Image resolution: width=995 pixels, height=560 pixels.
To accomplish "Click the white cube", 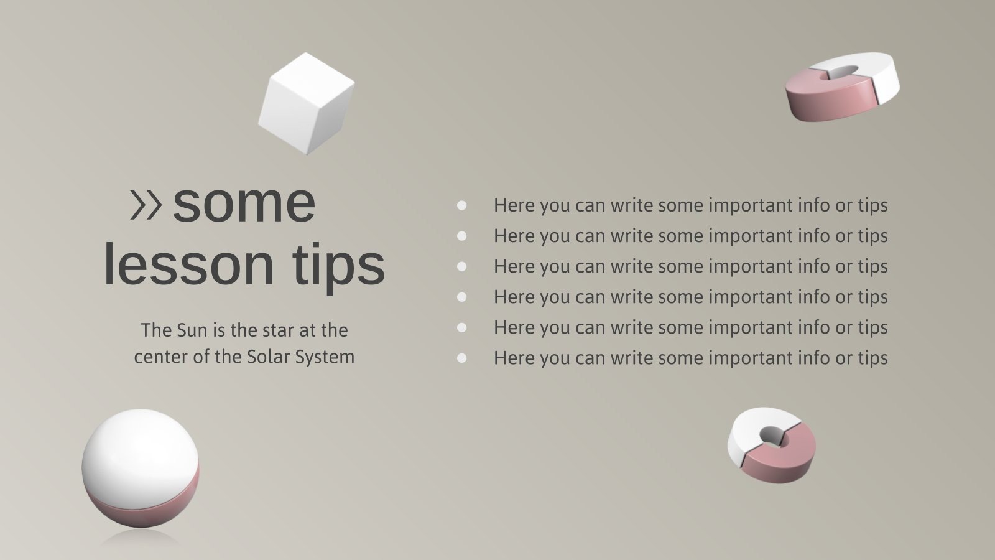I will (306, 103).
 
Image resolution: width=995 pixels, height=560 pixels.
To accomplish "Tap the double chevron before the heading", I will (146, 205).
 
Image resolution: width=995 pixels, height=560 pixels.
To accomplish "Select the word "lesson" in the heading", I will (188, 265).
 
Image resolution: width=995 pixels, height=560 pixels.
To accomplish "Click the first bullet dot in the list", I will (461, 205).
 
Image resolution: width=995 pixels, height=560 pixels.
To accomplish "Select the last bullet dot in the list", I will (461, 358).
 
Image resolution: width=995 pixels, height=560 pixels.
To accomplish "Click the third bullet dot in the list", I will (461, 266).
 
